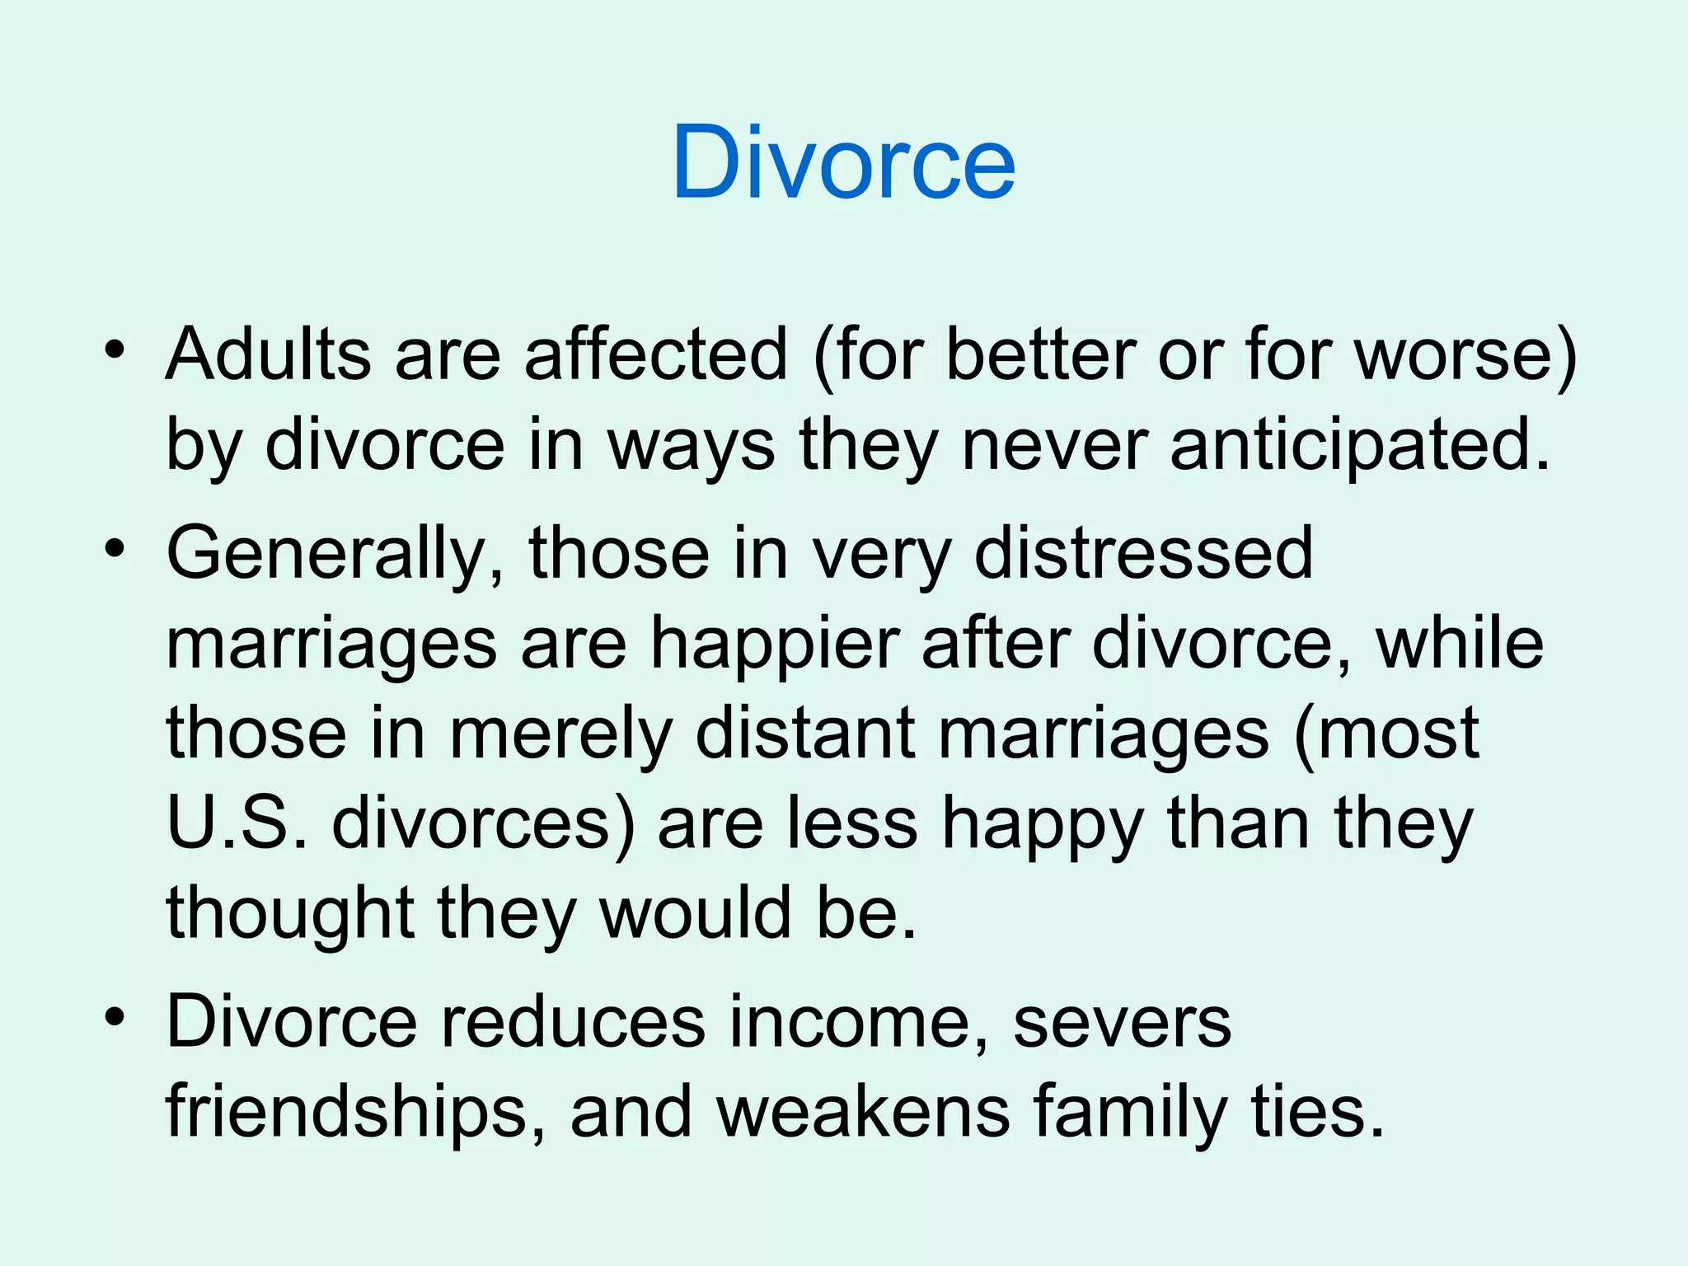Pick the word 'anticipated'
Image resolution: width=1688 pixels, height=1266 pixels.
click(x=1360, y=446)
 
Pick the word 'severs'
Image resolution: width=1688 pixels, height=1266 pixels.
click(x=1122, y=1022)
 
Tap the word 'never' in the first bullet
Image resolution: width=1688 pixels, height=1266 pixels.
click(x=1054, y=446)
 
